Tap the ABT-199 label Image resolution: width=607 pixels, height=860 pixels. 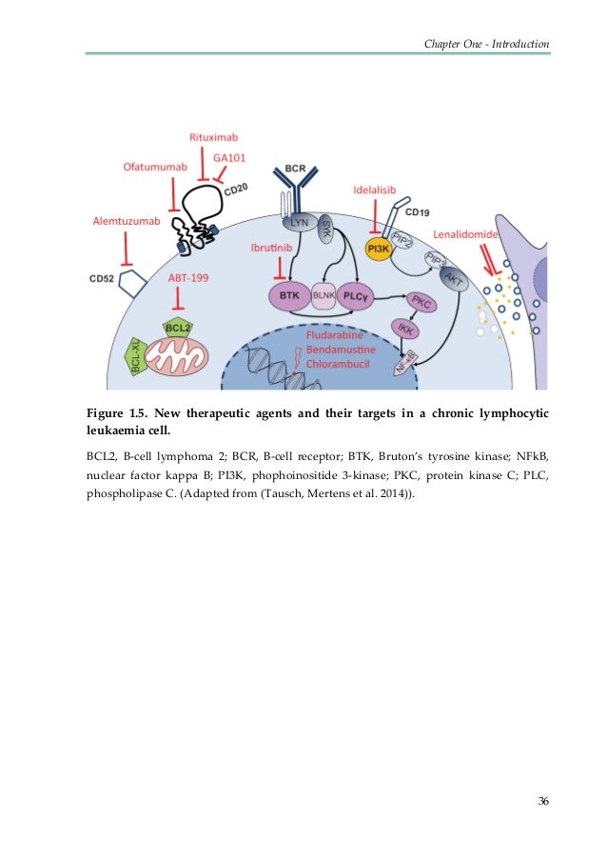tap(188, 277)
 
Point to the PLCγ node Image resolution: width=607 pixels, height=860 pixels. tap(355, 296)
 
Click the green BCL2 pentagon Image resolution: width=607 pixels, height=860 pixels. tap(178, 328)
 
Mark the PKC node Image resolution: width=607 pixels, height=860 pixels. tap(419, 302)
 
